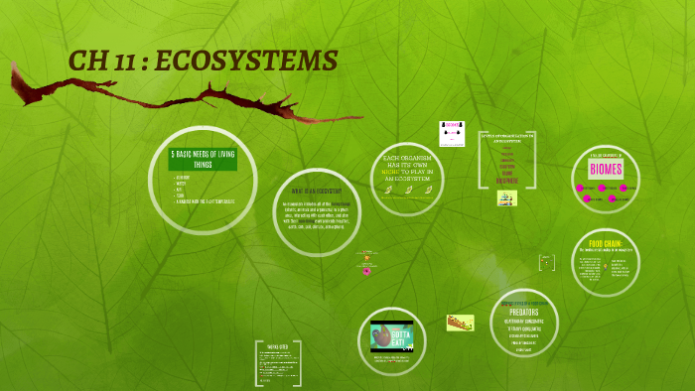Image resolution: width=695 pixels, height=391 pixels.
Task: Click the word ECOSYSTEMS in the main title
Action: coord(253,61)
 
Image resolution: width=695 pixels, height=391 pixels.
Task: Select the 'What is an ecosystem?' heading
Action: coord(316,190)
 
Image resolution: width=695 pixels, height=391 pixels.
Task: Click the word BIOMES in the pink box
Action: coord(606,169)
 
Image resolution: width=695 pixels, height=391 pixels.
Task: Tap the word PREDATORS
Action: coord(523,311)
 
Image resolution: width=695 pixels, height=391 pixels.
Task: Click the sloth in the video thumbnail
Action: coord(383,337)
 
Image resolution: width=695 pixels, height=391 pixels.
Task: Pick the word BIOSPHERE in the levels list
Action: coord(506,182)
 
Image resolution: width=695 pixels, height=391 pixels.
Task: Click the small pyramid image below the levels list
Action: coord(506,198)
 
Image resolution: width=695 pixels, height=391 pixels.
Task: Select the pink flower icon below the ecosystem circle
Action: coord(366,270)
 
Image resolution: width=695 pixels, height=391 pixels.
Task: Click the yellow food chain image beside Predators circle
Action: coord(460,323)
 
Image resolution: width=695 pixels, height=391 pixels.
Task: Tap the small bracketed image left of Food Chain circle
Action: coord(545,262)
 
